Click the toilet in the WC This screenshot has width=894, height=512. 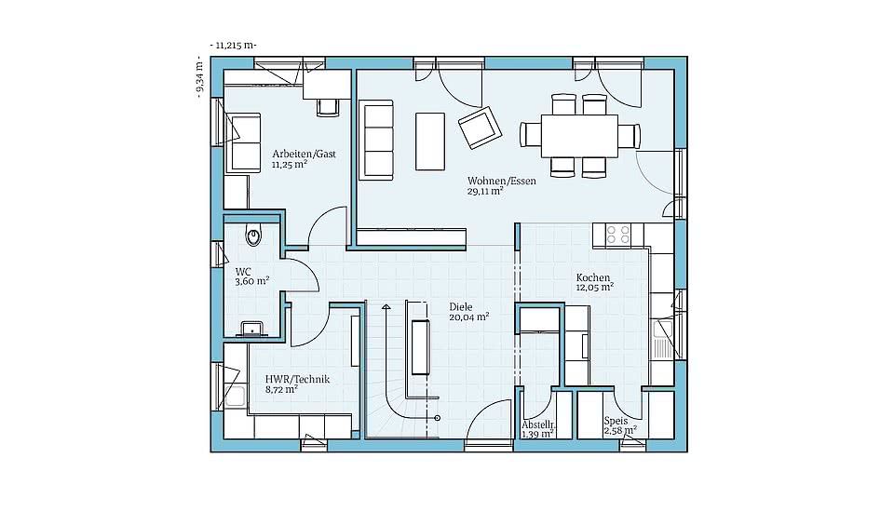253,235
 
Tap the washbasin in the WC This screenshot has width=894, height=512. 251,329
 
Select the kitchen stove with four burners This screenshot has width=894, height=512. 617,234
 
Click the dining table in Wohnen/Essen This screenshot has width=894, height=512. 579,136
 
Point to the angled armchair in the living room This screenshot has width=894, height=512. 481,128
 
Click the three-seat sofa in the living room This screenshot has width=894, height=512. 376,141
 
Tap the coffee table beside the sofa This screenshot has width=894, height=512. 430,141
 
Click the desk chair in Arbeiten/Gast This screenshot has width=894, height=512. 327,107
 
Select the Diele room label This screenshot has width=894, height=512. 461,307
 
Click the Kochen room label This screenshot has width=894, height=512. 592,277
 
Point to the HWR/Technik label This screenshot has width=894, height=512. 297,380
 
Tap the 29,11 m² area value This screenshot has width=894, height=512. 484,192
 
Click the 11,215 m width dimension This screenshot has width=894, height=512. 233,45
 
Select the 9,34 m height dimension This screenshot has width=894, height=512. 199,77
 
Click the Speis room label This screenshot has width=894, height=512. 616,422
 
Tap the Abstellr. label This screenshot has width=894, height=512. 539,425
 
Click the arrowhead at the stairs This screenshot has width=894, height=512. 386,308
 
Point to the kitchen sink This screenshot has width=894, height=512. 662,339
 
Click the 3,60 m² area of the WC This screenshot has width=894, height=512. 252,281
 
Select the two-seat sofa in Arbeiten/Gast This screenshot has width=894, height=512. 244,142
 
